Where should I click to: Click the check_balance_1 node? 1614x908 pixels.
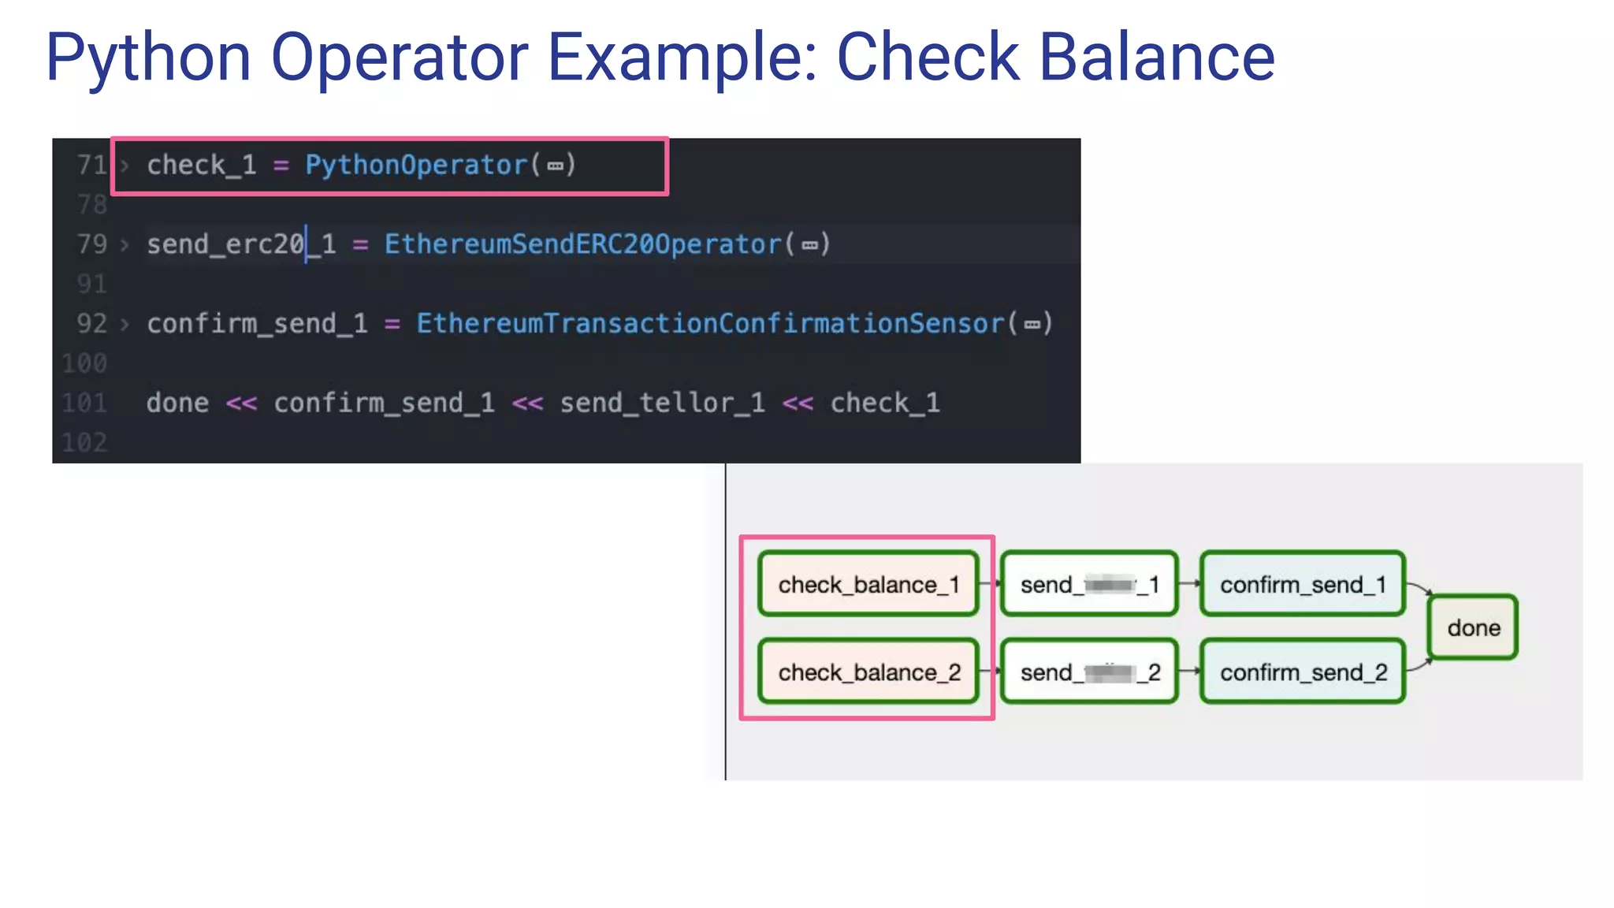868,584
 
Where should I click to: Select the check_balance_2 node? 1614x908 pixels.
868,672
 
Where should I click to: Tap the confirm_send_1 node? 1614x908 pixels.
1303,584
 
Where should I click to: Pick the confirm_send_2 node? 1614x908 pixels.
1303,672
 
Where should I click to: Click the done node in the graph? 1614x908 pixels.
1473,627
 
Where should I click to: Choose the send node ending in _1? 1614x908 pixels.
1089,584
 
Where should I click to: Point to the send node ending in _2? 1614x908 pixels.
1089,672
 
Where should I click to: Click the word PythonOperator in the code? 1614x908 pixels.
416,165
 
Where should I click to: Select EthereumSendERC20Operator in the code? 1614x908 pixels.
582,244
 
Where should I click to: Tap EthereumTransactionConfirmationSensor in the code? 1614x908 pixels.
710,323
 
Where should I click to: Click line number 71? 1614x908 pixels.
91,165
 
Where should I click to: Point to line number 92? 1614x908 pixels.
91,323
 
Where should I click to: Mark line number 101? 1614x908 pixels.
84,403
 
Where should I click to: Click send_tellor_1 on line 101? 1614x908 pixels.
662,403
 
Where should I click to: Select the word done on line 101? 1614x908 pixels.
177,403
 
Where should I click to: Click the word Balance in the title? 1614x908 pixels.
1157,57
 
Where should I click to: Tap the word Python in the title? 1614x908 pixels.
148,57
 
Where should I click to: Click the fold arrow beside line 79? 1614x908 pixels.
125,244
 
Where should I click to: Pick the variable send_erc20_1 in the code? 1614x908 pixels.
241,244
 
